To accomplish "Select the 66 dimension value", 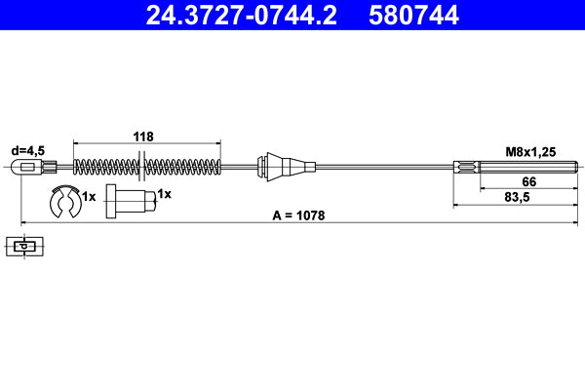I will click(529, 182).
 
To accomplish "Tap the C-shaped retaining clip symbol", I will click(64, 203).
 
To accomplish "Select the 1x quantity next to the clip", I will click(89, 196).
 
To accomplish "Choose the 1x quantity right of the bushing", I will click(164, 194).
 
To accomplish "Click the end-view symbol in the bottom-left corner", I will click(24, 247).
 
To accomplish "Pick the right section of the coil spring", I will click(184, 167).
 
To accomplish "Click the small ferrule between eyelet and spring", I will click(65, 167).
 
